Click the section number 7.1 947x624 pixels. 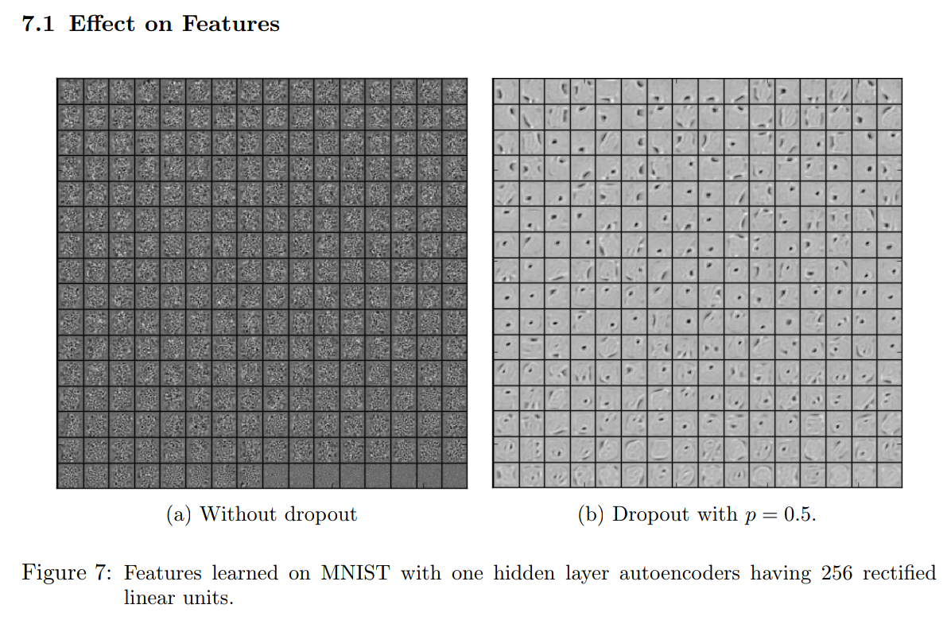(x=37, y=25)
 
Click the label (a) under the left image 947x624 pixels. (x=180, y=515)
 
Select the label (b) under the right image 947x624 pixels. (x=592, y=515)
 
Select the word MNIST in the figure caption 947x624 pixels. (x=354, y=573)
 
